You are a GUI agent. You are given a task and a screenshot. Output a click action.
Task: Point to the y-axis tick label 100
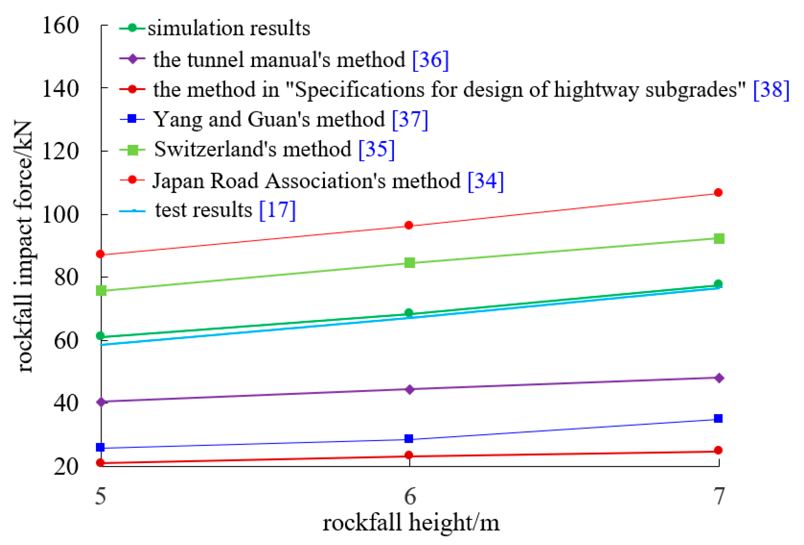60,215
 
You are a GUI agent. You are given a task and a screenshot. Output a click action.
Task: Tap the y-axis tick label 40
66,403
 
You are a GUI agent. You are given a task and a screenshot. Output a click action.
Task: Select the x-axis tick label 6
410,497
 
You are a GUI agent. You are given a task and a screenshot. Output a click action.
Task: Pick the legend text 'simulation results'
229,28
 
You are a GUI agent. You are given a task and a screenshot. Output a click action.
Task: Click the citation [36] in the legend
430,60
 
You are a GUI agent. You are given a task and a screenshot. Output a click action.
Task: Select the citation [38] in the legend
771,90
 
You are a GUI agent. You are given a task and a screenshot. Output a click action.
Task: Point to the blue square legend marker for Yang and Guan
132,119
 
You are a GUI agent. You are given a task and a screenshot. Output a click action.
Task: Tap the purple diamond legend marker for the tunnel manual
132,59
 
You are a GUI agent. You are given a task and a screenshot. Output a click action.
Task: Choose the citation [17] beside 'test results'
277,210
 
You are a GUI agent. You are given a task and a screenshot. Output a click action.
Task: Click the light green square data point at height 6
410,263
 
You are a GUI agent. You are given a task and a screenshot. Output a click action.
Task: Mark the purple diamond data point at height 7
719,378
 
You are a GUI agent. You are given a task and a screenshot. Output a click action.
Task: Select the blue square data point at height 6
409,439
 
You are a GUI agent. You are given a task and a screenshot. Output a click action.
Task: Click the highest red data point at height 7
719,193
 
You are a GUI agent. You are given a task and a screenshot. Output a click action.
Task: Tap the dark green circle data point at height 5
100,336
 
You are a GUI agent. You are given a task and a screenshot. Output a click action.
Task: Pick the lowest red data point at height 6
409,455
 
